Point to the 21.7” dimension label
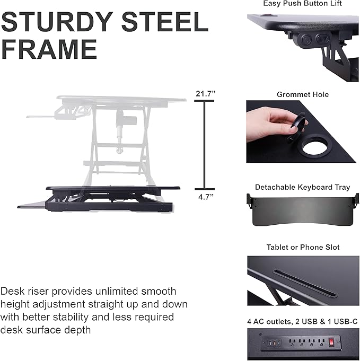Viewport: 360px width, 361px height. (205, 94)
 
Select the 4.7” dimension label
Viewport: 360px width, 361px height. (205, 197)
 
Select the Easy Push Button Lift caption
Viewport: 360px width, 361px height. (303, 4)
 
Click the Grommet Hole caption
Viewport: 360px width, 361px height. (303, 94)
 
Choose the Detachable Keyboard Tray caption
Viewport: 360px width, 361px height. (302, 187)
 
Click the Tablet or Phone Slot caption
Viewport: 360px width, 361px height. (303, 247)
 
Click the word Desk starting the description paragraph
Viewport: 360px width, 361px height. (12, 292)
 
